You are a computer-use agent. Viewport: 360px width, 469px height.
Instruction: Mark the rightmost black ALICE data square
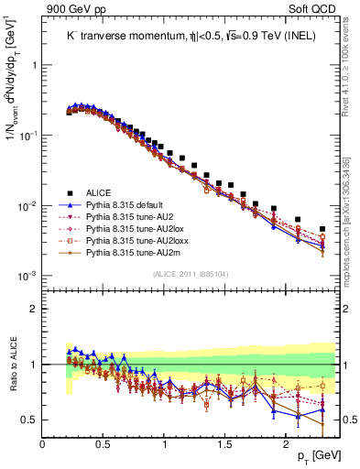pyautogui.click(x=322, y=229)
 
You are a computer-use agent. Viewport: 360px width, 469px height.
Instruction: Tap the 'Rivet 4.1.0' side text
pyautogui.click(x=347, y=64)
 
